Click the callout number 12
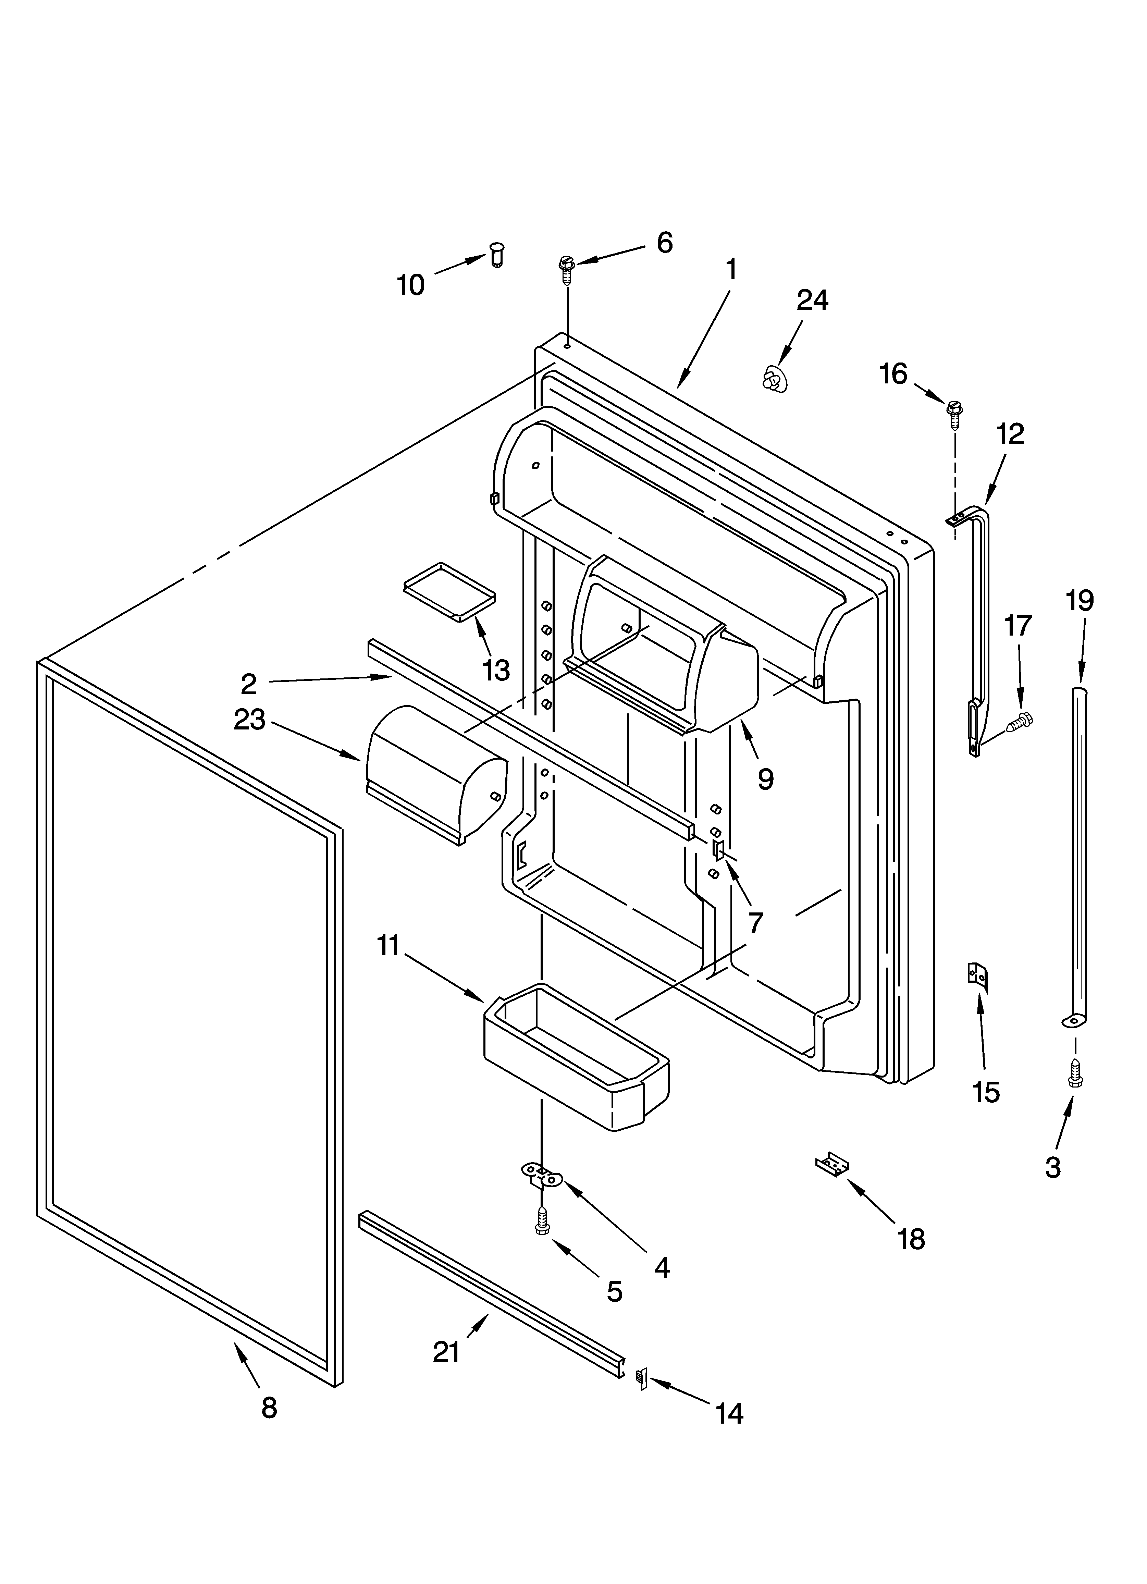point(1010,434)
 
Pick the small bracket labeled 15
point(977,976)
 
